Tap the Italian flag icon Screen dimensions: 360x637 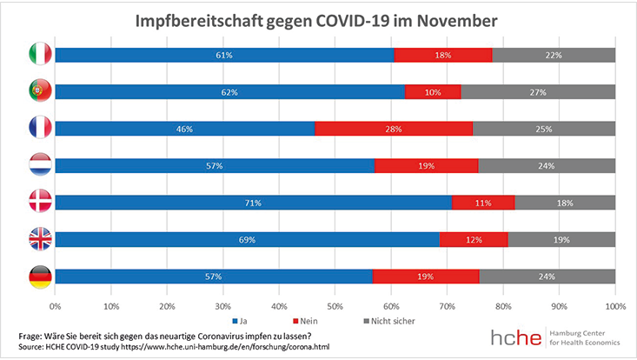(40, 55)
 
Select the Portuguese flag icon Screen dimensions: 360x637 (40, 91)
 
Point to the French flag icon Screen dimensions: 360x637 (40, 128)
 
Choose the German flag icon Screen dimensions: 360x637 (40, 276)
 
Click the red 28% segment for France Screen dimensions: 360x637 (394, 129)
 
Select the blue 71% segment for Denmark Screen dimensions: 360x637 (254, 203)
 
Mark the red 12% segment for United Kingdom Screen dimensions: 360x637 (474, 239)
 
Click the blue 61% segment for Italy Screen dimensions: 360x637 (225, 56)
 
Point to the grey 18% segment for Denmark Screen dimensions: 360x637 (565, 203)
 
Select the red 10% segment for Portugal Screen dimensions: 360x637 (433, 92)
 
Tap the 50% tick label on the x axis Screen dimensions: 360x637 (335, 306)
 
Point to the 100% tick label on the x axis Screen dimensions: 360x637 (614, 306)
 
